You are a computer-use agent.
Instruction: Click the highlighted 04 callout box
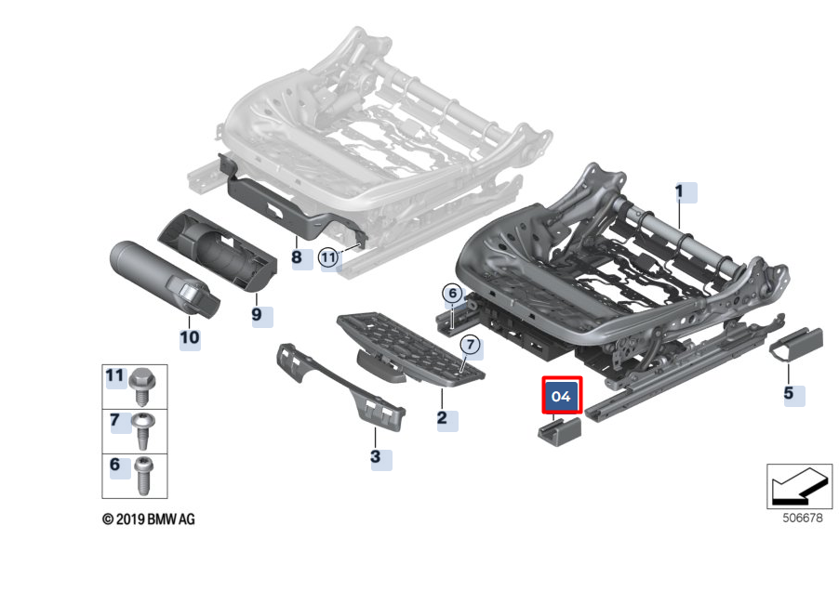tap(562, 396)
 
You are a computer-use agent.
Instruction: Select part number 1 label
tap(680, 192)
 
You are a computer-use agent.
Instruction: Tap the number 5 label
tap(789, 393)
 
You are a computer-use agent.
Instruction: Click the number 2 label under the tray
tap(442, 418)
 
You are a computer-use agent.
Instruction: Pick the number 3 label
tap(376, 457)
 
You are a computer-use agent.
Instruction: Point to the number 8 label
tap(297, 256)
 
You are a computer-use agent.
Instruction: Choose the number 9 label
tap(257, 314)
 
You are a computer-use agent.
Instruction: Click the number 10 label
tap(190, 336)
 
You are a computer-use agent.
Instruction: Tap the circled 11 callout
tap(328, 257)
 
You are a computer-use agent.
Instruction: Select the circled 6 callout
tap(452, 294)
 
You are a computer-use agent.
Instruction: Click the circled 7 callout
tap(471, 345)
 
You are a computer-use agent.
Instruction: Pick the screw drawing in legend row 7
tap(144, 430)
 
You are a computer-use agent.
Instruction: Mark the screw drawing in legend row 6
tap(144, 475)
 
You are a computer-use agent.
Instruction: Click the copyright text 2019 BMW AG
tap(149, 519)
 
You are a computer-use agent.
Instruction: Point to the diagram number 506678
tap(801, 519)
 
